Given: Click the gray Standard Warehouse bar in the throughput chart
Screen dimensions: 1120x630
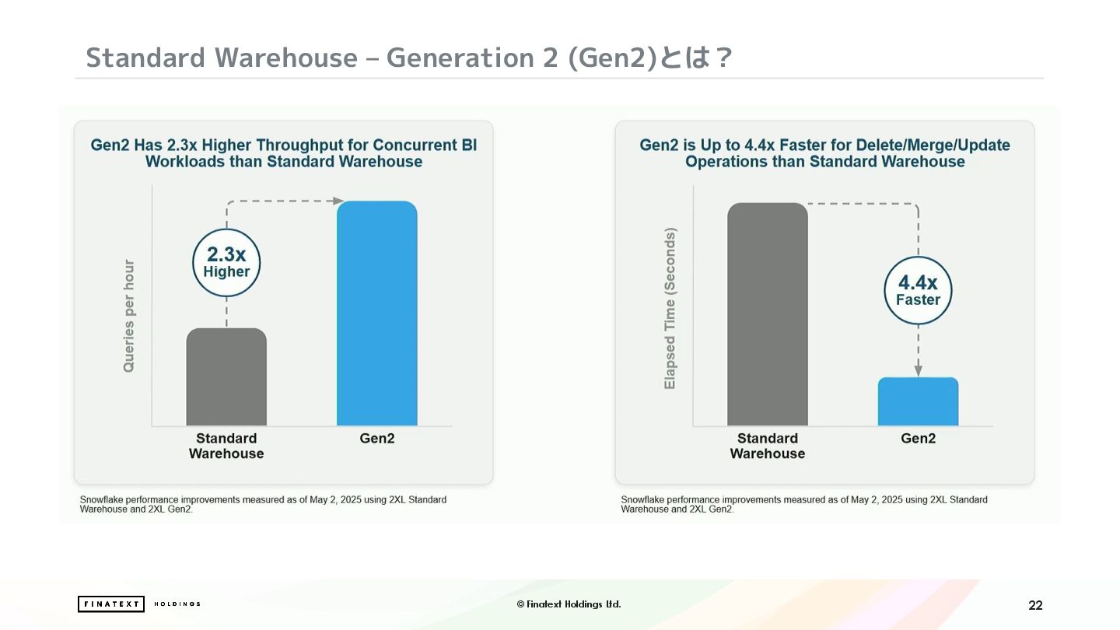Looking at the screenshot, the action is pyautogui.click(x=226, y=377).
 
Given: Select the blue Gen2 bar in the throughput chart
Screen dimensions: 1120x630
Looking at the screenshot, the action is pyautogui.click(x=377, y=313).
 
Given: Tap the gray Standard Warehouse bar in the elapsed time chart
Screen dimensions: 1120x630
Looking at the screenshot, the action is pyautogui.click(x=768, y=314).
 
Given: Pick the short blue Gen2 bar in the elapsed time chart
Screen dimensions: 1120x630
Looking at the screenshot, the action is pyautogui.click(x=918, y=401).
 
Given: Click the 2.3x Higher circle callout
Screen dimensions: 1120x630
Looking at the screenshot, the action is pyautogui.click(x=226, y=263).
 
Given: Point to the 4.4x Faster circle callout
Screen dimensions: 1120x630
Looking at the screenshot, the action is pyautogui.click(x=918, y=291).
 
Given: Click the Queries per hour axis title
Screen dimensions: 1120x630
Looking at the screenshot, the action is pyautogui.click(x=129, y=316).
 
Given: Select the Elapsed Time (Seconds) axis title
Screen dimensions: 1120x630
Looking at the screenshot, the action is pyautogui.click(x=670, y=308).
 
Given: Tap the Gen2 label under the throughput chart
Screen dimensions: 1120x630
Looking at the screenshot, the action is pyautogui.click(x=377, y=439).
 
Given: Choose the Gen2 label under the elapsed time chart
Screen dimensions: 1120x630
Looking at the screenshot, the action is pyautogui.click(x=918, y=439).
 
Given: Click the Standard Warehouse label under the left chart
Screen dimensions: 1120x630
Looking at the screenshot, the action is pyautogui.click(x=226, y=446).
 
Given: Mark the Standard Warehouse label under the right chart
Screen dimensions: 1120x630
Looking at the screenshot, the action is pyautogui.click(x=768, y=446).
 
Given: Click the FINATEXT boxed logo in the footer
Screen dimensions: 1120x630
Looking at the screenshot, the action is pyautogui.click(x=111, y=604).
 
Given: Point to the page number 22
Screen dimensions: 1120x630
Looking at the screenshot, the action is pyautogui.click(x=1035, y=605).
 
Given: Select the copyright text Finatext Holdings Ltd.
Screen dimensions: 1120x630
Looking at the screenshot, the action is pyautogui.click(x=569, y=604).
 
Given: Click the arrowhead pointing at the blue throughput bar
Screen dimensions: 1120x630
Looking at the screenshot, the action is pyautogui.click(x=338, y=201).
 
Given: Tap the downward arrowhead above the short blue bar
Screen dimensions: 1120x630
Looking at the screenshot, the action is pyautogui.click(x=918, y=370).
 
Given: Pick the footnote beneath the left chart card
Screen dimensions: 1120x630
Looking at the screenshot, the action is pyautogui.click(x=263, y=504).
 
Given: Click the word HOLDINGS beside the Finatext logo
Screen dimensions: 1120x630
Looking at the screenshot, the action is pyautogui.click(x=177, y=604).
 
